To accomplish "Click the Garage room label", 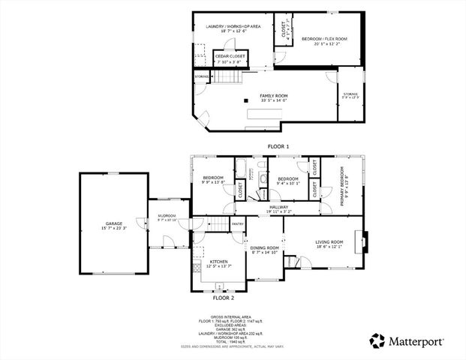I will [113, 223].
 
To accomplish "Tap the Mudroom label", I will [166, 216].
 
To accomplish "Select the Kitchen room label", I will [218, 262].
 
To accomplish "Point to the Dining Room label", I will [264, 247].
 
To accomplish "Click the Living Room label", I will [329, 241].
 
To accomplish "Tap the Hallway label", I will [279, 207].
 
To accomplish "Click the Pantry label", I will [237, 223].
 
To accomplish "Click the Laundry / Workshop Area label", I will [233, 26].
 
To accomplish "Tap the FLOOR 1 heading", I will [278, 146].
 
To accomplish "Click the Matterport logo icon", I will [377, 340].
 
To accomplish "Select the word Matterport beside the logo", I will [415, 341].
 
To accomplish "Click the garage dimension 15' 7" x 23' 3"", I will [113, 228].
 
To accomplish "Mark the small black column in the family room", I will [245, 100].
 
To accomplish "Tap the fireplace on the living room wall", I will [362, 241].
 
